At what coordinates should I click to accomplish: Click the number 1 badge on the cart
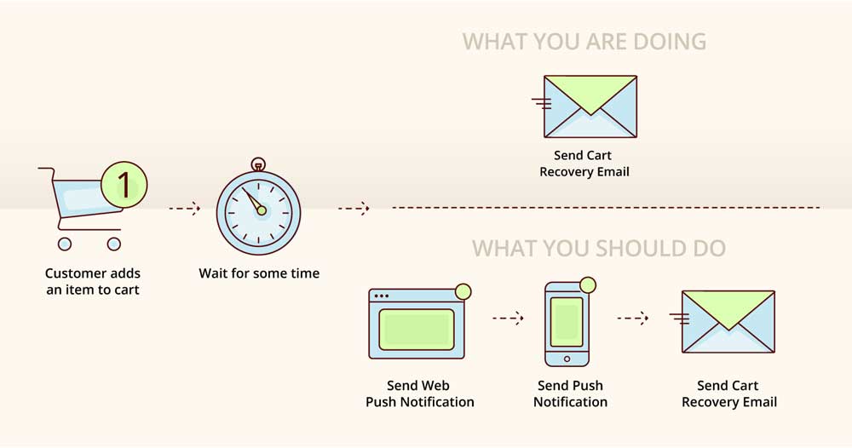pos(124,185)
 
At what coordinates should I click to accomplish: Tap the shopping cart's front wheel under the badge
pos(113,244)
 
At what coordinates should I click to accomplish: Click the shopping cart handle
pos(47,170)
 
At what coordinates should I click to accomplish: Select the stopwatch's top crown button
pos(258,164)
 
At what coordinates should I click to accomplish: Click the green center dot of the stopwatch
pos(262,210)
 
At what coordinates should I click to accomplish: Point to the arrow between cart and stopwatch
pos(184,208)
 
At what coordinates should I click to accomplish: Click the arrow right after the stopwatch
pos(354,208)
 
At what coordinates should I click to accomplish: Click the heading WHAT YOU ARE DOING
pos(584,42)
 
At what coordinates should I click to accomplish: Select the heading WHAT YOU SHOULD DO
pos(599,248)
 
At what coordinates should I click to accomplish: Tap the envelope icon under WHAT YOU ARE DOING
pos(590,106)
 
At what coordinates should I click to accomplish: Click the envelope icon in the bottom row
pos(728,321)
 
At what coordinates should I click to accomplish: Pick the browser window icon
pos(417,324)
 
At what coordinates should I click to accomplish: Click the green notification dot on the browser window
pos(463,291)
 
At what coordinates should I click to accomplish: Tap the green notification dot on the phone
pos(588,285)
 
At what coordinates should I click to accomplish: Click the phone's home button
pos(567,359)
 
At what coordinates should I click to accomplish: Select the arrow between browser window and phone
pos(508,319)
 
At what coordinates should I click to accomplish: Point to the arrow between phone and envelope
pos(633,319)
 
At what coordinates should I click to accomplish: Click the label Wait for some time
pos(259,273)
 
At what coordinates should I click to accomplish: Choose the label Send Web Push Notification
pos(419,393)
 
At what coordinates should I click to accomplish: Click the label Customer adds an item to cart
pos(93,281)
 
